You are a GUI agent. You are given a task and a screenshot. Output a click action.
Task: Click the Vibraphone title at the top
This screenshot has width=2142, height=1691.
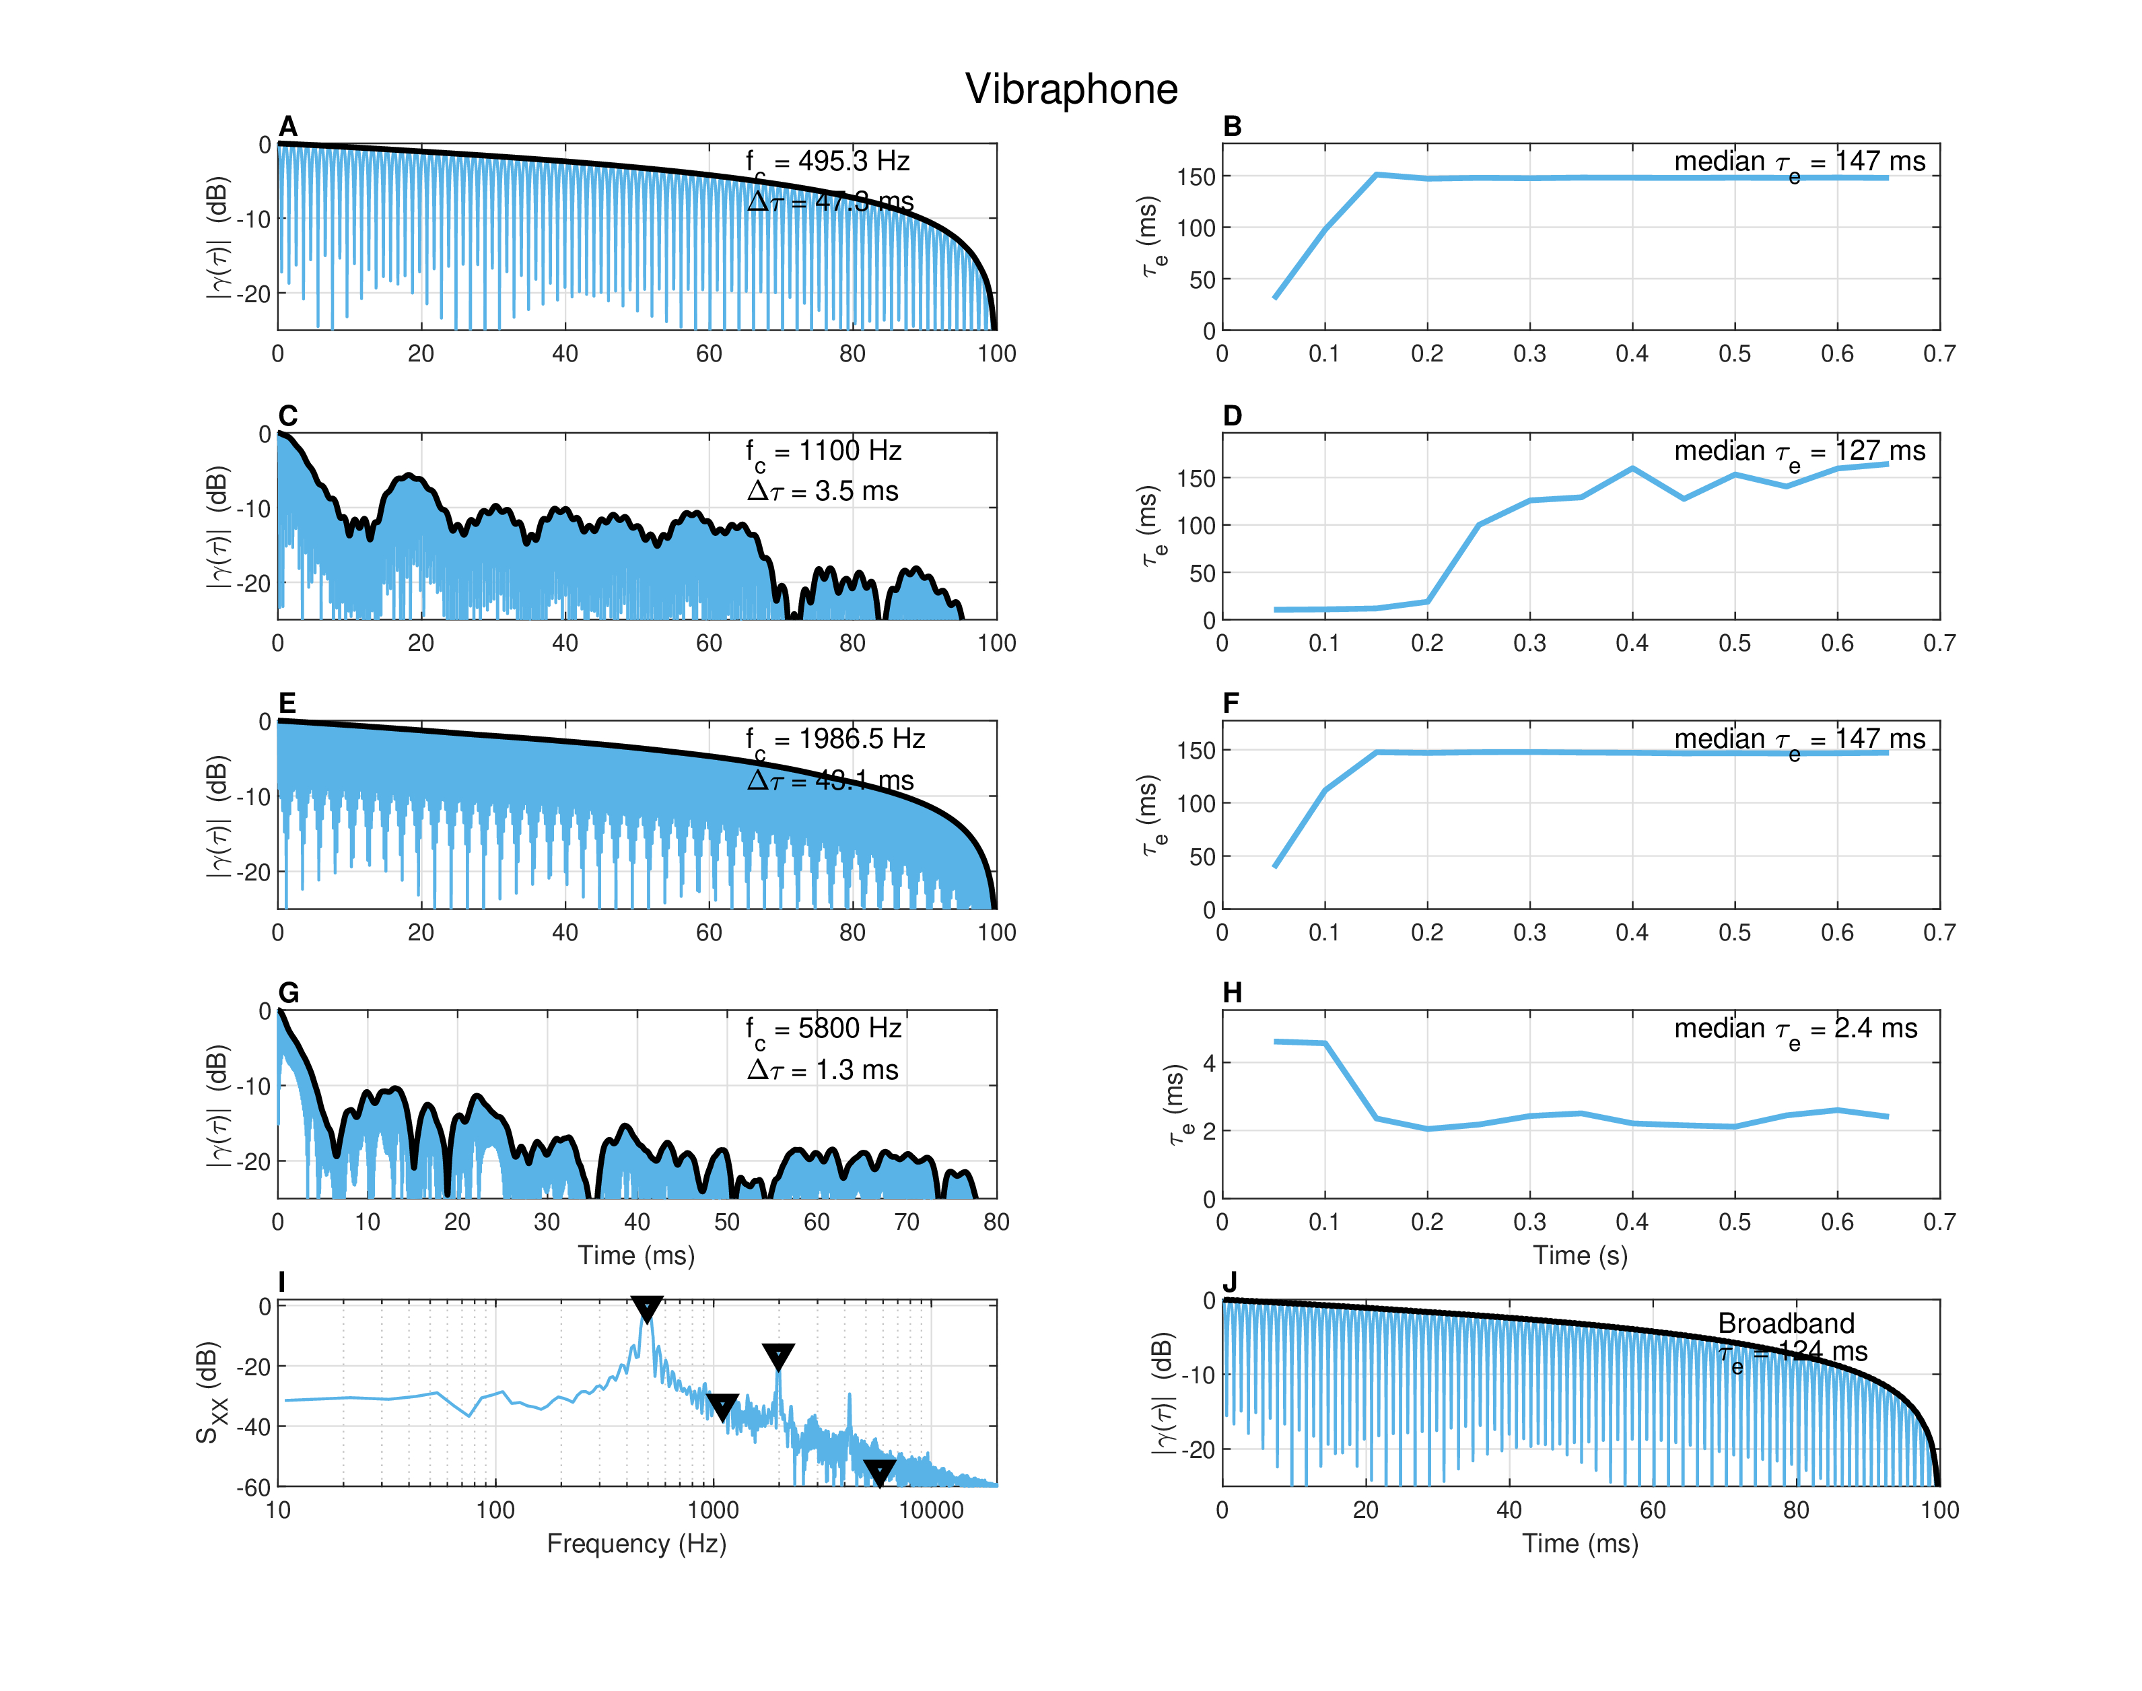point(1071,89)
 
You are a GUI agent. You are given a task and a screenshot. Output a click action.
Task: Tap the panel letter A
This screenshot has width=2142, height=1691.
point(288,126)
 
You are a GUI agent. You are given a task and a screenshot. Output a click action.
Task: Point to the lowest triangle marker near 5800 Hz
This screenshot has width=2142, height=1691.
point(879,1472)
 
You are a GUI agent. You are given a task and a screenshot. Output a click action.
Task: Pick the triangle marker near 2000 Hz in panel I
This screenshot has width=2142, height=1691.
point(778,1355)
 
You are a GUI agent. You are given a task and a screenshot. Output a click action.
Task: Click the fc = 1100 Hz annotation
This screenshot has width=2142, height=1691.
point(823,452)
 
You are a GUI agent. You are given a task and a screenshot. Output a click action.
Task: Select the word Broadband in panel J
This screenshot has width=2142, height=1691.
point(1786,1323)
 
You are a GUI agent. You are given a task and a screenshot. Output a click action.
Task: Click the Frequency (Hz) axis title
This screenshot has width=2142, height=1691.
point(636,1544)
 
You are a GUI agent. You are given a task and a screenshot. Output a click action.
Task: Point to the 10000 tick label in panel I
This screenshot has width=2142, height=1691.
point(930,1510)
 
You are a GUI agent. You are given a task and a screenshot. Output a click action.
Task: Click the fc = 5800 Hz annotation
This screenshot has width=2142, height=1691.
point(823,1030)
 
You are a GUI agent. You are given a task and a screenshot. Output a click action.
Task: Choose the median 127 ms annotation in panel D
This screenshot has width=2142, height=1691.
point(1799,452)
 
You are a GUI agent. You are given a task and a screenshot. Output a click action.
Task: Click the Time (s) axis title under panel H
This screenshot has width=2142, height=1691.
point(1580,1255)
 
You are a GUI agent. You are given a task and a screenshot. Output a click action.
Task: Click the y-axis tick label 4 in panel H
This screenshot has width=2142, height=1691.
point(1208,1064)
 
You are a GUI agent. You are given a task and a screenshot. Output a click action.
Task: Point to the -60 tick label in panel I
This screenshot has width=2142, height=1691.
point(253,1487)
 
